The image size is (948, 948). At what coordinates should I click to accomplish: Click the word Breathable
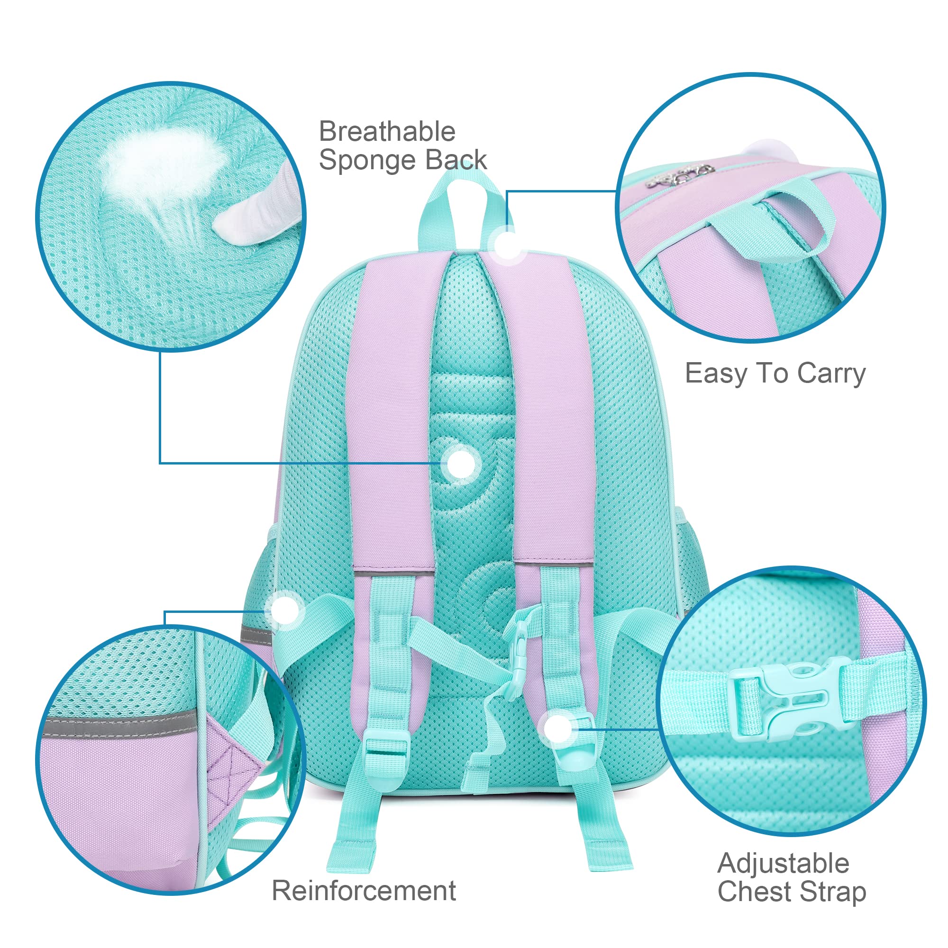pos(387,132)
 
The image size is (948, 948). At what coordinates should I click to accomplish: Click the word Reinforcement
pos(364,891)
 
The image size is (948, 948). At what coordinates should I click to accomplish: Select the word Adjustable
pos(783,863)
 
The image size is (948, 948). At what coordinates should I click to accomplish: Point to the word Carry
pos(831,374)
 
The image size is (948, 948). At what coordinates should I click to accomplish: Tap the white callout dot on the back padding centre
pos(460,463)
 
